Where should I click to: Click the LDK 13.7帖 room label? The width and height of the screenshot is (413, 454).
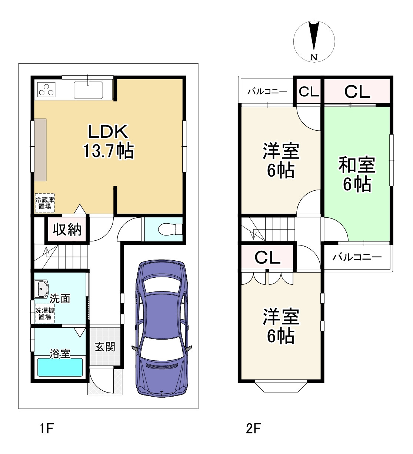[x=109, y=141]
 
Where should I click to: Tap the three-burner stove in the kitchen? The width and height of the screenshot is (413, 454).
[x=46, y=90]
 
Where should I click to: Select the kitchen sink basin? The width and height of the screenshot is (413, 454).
[x=88, y=90]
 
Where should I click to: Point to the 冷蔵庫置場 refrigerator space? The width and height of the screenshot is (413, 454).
[x=44, y=203]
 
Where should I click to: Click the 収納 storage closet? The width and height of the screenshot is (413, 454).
[x=67, y=230]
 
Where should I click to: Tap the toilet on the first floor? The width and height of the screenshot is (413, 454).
[x=170, y=229]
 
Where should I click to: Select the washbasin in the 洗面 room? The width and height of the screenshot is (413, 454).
[x=41, y=289]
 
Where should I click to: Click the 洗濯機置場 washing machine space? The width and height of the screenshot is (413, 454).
[x=44, y=313]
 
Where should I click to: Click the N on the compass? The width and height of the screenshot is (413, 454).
[x=314, y=57]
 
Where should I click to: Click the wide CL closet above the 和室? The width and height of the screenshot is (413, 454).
[x=357, y=91]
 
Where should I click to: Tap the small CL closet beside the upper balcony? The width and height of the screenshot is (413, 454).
[x=309, y=91]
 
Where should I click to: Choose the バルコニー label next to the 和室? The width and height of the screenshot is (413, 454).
[x=357, y=257]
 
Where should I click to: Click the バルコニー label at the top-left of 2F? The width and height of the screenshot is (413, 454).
[x=267, y=91]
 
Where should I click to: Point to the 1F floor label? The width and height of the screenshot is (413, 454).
[x=47, y=428]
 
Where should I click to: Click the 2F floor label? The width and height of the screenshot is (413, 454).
[x=253, y=428]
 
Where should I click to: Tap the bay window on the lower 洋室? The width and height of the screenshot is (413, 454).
[x=281, y=387]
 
